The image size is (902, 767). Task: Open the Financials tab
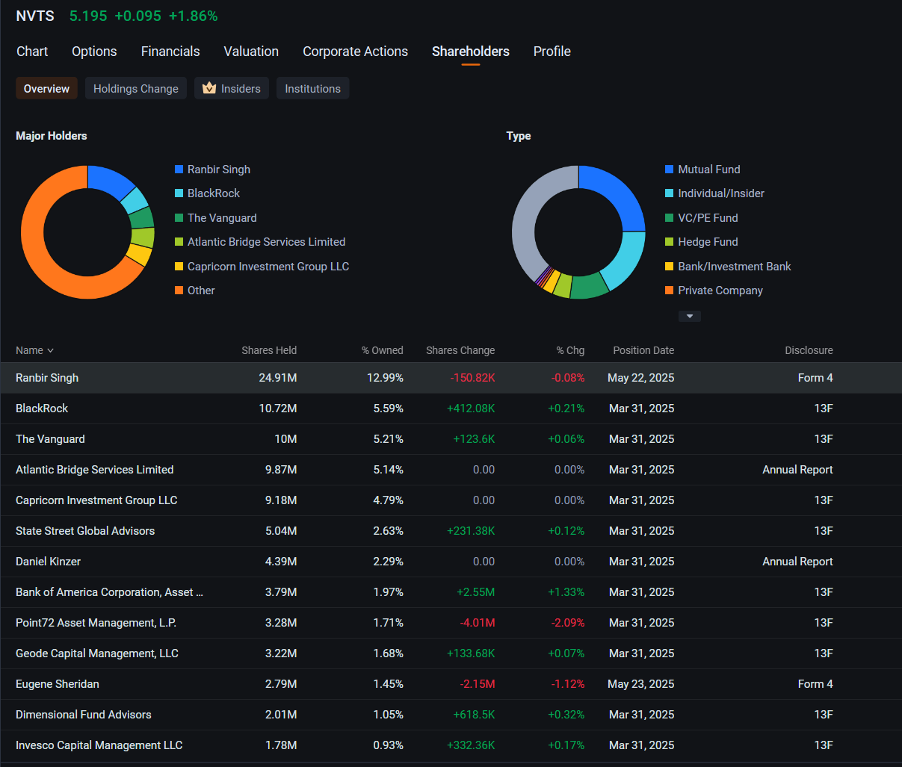click(x=170, y=52)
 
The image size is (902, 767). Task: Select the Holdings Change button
click(x=136, y=89)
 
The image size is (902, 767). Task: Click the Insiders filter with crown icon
click(x=231, y=89)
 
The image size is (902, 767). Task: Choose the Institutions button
click(x=312, y=89)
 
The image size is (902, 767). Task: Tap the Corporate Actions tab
click(x=355, y=52)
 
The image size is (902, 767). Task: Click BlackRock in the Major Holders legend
click(x=214, y=193)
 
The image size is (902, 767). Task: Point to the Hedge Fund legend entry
click(x=708, y=242)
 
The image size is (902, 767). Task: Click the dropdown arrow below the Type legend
click(x=690, y=316)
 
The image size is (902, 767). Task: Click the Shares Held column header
click(x=269, y=350)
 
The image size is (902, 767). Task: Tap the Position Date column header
click(x=643, y=350)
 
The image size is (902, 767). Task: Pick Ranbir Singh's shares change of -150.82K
click(x=472, y=378)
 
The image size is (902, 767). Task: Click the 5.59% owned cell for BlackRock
click(x=388, y=409)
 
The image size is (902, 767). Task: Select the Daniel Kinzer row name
click(x=48, y=562)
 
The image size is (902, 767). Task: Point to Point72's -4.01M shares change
click(x=478, y=623)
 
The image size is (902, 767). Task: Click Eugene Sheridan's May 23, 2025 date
click(x=640, y=684)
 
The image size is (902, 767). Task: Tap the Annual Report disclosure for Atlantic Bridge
click(x=797, y=470)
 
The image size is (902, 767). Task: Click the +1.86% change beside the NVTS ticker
click(x=193, y=16)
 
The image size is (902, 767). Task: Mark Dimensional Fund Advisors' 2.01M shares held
click(x=281, y=715)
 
